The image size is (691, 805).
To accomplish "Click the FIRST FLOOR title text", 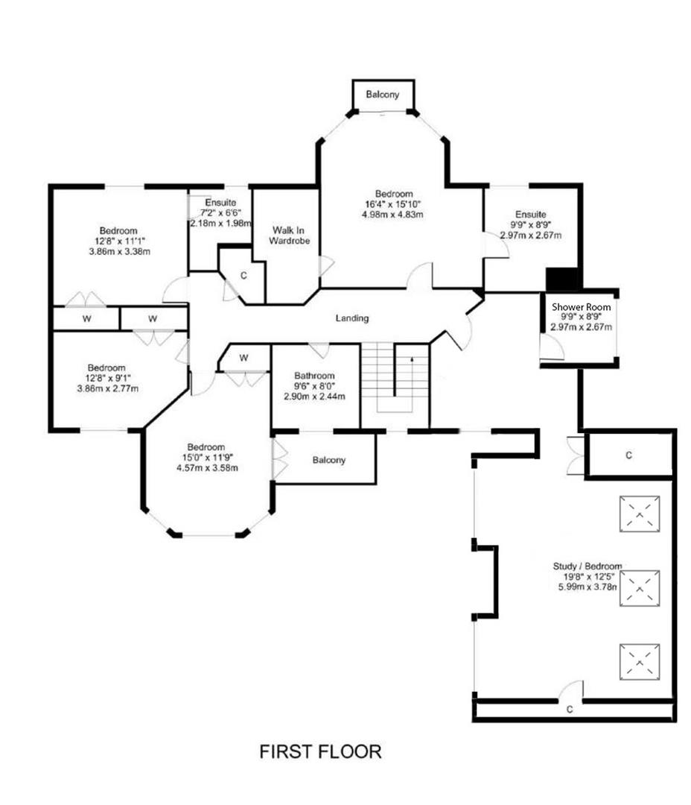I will pyautogui.click(x=320, y=751).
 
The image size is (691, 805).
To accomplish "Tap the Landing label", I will pyautogui.click(x=352, y=318).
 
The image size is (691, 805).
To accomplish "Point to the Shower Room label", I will pyautogui.click(x=581, y=306).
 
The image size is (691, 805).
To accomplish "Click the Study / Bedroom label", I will pyautogui.click(x=587, y=566).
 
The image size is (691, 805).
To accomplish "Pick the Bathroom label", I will pyautogui.click(x=314, y=376).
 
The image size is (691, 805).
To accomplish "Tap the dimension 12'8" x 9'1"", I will pyautogui.click(x=106, y=378).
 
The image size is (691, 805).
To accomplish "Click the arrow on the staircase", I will pyautogui.click(x=411, y=361).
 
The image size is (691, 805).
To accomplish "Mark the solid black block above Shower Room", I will pyautogui.click(x=564, y=280).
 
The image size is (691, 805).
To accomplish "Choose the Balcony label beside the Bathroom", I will pyautogui.click(x=328, y=460).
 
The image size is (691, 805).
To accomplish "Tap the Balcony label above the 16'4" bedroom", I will pyautogui.click(x=383, y=95).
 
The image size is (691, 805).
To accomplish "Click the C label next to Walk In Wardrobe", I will pyautogui.click(x=243, y=276).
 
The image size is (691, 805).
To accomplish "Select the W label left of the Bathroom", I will pyautogui.click(x=244, y=358).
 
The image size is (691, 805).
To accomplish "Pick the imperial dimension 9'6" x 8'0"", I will pyautogui.click(x=314, y=386).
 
